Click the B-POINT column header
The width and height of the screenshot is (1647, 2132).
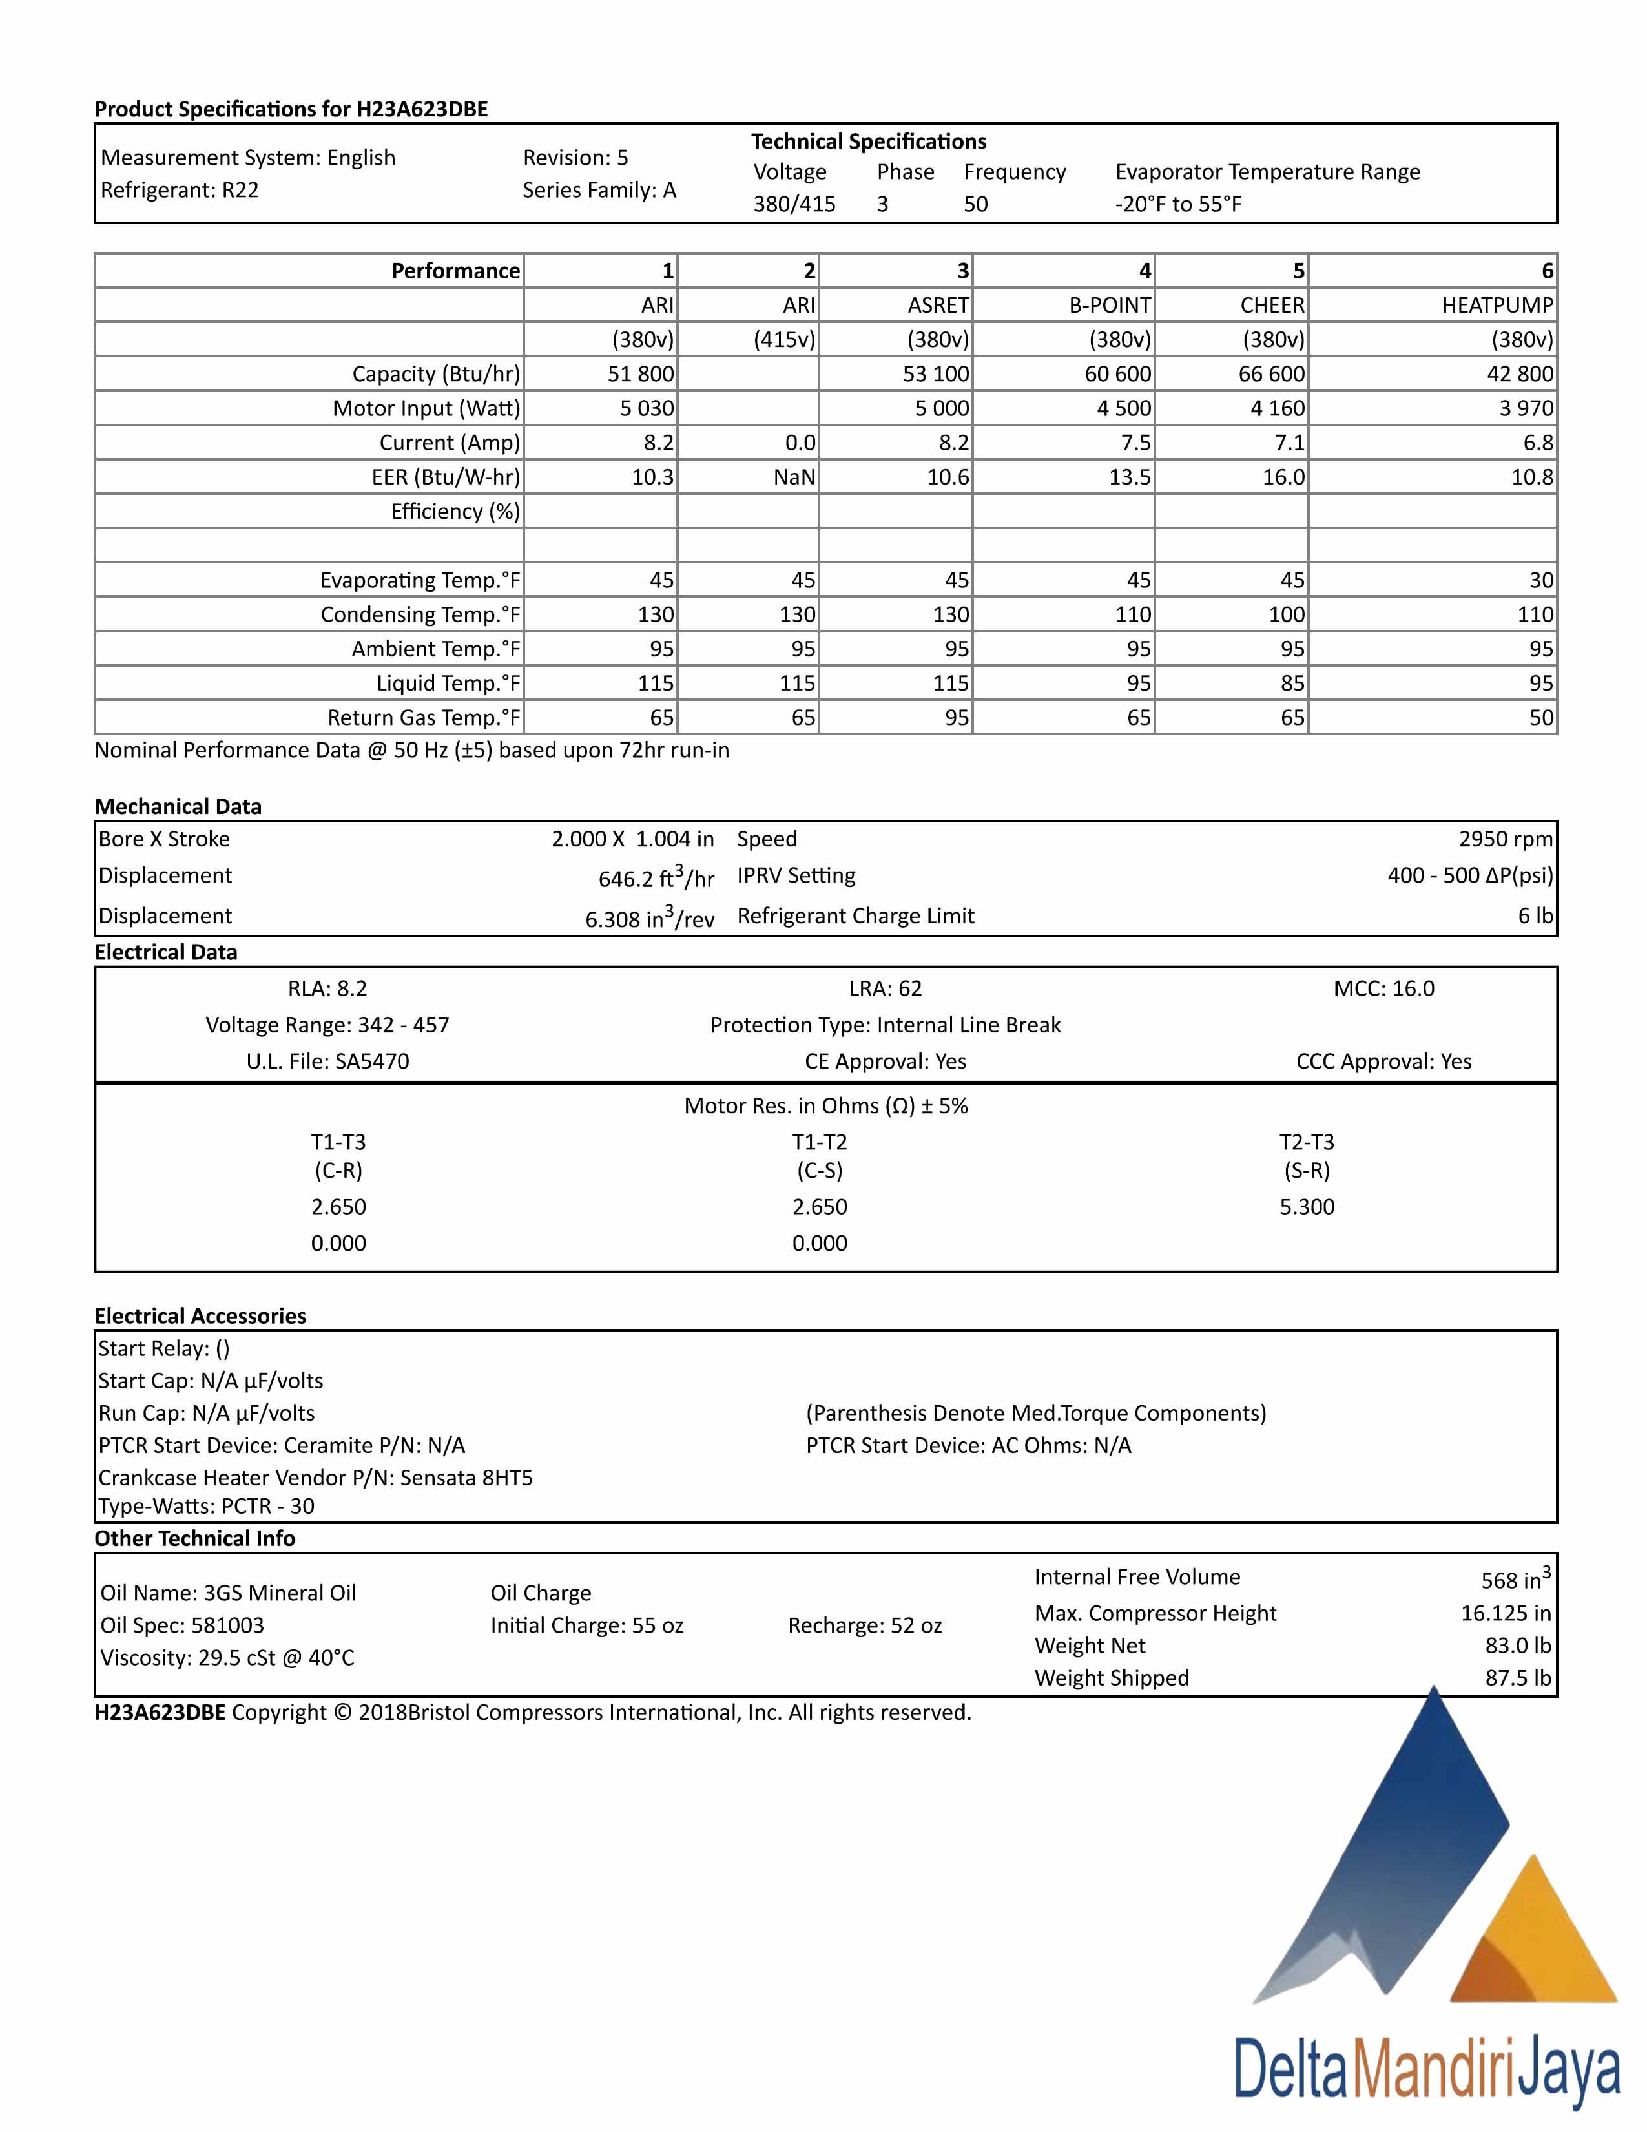coord(1110,306)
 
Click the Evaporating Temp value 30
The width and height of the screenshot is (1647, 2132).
coord(1540,580)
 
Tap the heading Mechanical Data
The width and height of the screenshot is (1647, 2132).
coord(178,806)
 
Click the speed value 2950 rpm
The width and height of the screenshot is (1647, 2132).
coord(1504,839)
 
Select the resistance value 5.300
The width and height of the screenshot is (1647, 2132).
coord(1307,1207)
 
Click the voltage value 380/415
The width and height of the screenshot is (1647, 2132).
coord(793,204)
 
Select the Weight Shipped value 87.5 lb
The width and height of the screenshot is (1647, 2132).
coord(1517,1678)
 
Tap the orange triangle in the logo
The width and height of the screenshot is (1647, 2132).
coord(1535,1943)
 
